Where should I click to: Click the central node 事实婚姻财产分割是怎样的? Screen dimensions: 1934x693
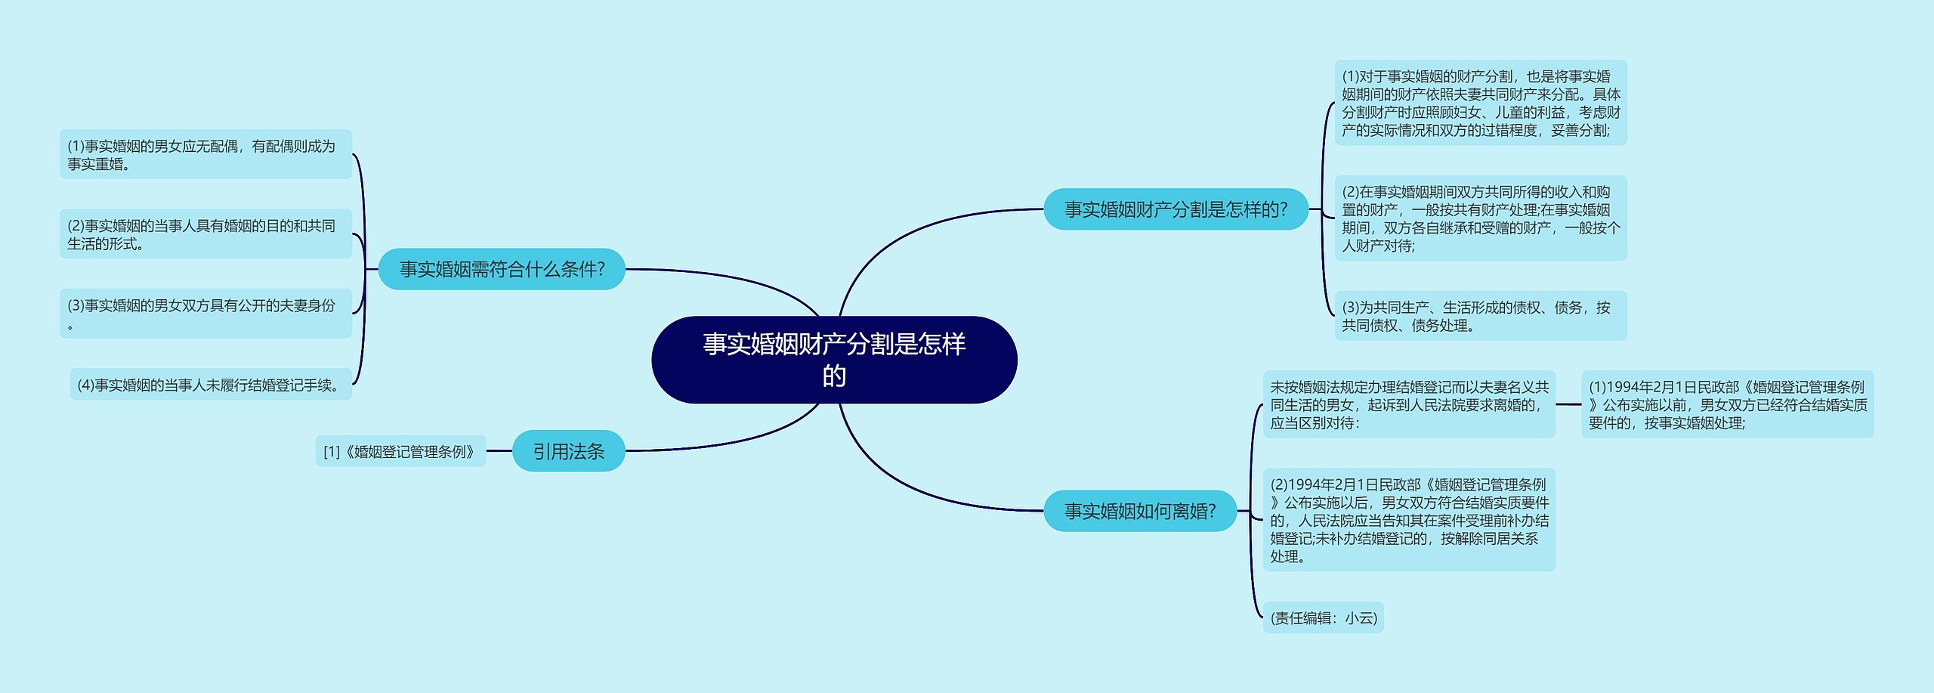click(834, 360)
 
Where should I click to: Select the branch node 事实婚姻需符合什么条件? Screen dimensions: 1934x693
click(502, 269)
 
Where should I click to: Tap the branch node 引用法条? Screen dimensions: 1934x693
click(568, 451)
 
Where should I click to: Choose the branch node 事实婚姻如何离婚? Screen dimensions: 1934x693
click(1139, 511)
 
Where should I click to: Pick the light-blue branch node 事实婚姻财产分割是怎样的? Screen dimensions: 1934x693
click(1176, 209)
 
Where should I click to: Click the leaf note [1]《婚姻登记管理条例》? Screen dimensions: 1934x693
click(400, 452)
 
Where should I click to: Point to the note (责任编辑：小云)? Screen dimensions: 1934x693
click(1324, 618)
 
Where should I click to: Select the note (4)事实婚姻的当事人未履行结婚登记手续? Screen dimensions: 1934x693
click(211, 385)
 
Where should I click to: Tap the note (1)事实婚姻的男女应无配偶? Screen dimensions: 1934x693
click(205, 155)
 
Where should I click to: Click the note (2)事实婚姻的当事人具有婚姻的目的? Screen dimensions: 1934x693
click(205, 234)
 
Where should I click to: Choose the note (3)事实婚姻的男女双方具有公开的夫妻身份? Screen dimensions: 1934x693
click(205, 314)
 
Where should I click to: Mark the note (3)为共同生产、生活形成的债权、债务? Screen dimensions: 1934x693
click(1480, 316)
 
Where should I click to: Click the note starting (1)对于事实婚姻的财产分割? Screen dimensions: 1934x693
click(1480, 103)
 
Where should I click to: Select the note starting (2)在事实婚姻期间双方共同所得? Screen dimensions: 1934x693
click(1480, 218)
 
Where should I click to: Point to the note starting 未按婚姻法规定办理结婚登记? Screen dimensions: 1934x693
click(1409, 404)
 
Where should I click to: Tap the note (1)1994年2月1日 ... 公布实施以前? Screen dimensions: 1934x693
click(1727, 404)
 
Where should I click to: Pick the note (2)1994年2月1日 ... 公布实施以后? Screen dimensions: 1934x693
click(1409, 520)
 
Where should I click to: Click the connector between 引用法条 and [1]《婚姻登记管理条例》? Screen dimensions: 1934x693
click(499, 451)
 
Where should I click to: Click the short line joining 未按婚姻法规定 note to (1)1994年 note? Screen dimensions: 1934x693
click(1568, 404)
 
